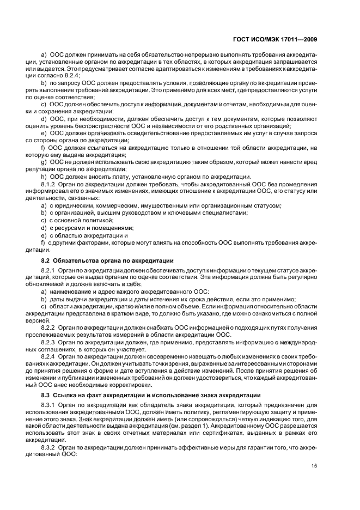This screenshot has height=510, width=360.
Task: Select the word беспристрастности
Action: pyautogui.click(x=100, y=126)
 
